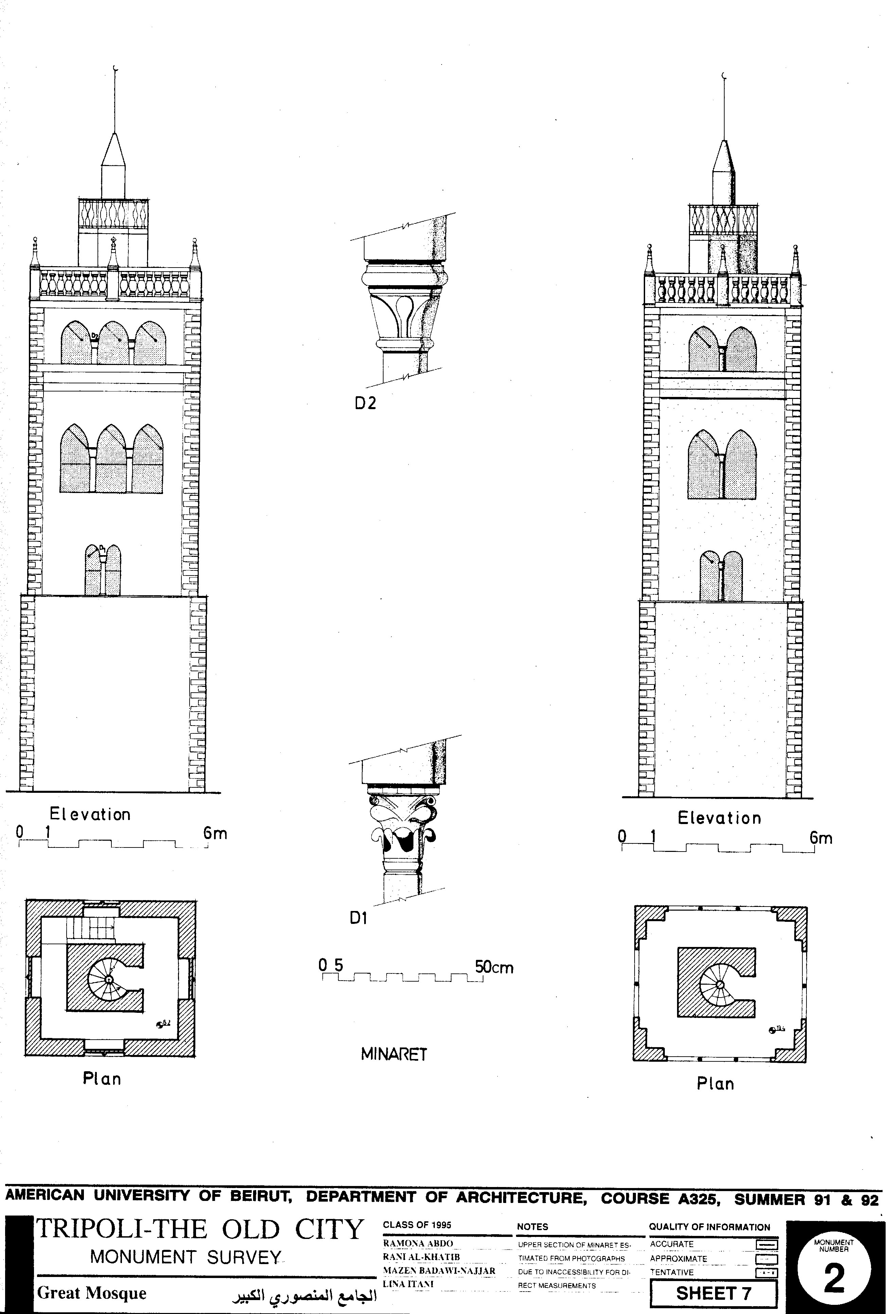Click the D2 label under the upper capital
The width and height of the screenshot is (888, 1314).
point(365,403)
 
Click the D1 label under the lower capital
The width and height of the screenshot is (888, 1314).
point(358,919)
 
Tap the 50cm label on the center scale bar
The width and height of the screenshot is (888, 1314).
point(494,967)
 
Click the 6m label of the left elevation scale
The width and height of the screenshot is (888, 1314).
point(215,834)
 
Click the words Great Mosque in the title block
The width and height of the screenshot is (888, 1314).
point(92,1293)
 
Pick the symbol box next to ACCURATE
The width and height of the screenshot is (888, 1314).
point(766,1244)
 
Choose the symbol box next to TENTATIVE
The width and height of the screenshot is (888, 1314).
point(766,1272)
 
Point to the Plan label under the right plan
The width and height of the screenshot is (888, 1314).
point(715,1084)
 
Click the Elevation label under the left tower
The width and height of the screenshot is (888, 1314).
point(90,814)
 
